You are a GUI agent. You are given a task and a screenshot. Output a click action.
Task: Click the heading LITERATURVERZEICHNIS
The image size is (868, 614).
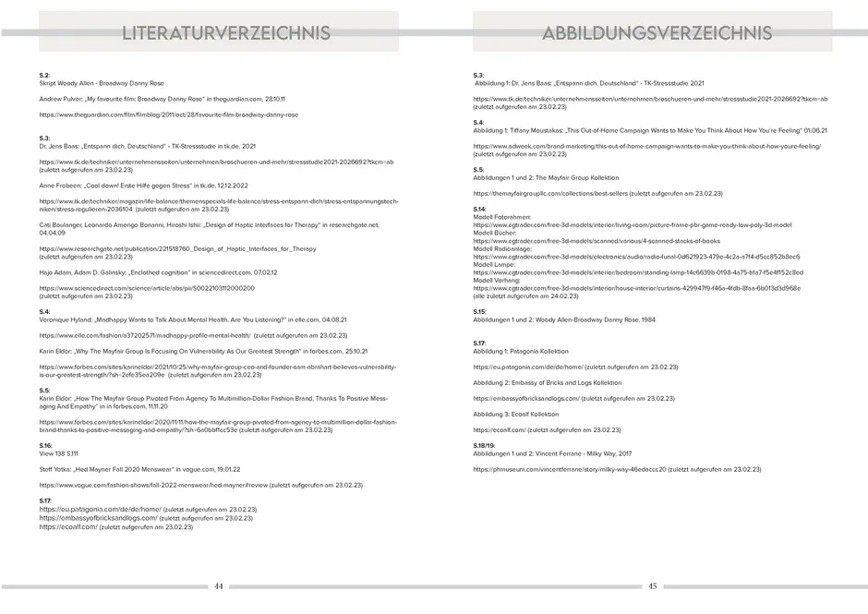[226, 33]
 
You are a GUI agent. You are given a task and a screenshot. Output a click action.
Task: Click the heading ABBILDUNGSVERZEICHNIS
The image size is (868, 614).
[657, 33]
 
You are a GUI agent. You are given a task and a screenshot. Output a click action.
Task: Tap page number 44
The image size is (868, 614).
[219, 585]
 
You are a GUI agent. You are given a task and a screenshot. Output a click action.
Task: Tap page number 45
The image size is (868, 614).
[652, 585]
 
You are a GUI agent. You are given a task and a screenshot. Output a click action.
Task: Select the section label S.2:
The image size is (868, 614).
[44, 74]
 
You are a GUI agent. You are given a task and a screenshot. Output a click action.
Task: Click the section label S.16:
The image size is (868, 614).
[46, 445]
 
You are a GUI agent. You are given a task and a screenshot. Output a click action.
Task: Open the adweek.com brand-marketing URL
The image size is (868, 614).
[646, 146]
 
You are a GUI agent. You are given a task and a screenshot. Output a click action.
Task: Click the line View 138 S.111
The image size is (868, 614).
[59, 453]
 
